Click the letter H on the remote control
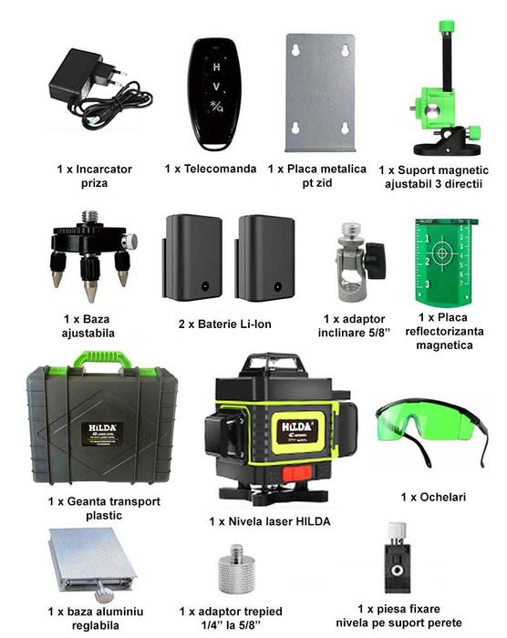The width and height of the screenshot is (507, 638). point(216,67)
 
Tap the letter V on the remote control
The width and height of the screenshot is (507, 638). point(216,87)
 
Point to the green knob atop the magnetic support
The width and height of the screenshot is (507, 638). point(447,26)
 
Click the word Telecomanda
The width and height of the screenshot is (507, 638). point(221,169)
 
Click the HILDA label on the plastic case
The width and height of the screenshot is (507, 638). point(103,434)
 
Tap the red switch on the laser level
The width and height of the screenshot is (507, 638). point(297,472)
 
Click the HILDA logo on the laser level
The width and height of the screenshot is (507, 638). point(297,427)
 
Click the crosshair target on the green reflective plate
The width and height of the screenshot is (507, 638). point(441,253)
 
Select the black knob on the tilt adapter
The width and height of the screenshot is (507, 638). point(376,261)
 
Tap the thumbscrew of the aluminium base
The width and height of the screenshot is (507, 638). point(103,593)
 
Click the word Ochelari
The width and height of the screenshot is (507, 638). point(442,497)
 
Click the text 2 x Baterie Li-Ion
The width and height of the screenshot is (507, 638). point(225,324)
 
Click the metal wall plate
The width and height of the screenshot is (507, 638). point(320,93)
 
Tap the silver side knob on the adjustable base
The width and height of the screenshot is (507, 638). point(129,242)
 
